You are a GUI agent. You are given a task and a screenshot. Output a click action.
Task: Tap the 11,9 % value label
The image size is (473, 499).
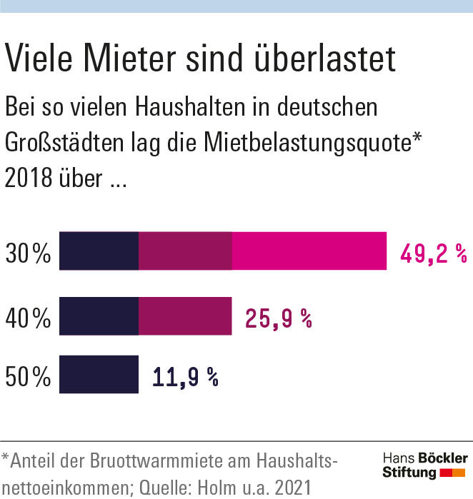pyautogui.click(x=185, y=375)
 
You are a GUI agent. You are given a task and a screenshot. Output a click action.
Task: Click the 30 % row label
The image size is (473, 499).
pyautogui.click(x=28, y=253)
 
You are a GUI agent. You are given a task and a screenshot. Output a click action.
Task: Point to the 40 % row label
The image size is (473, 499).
pyautogui.click(x=28, y=317)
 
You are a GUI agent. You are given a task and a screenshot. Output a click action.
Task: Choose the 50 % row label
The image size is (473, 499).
pyautogui.click(x=28, y=375)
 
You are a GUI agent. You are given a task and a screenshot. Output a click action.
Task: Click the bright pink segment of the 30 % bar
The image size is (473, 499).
pyautogui.click(x=309, y=251)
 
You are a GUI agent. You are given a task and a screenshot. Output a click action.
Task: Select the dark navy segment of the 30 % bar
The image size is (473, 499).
pyautogui.click(x=99, y=251)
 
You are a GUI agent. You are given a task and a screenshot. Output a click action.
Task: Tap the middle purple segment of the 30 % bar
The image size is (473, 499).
pyautogui.click(x=185, y=251)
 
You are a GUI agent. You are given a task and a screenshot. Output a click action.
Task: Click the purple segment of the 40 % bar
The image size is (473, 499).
pyautogui.click(x=185, y=316)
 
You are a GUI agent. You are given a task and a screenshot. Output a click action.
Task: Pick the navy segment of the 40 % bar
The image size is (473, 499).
pyautogui.click(x=99, y=316)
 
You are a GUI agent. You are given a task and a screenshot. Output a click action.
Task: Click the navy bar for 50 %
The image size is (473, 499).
pyautogui.click(x=99, y=375)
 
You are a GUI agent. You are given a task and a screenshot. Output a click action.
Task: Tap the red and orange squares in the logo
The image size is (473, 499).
pyautogui.click(x=453, y=473)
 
